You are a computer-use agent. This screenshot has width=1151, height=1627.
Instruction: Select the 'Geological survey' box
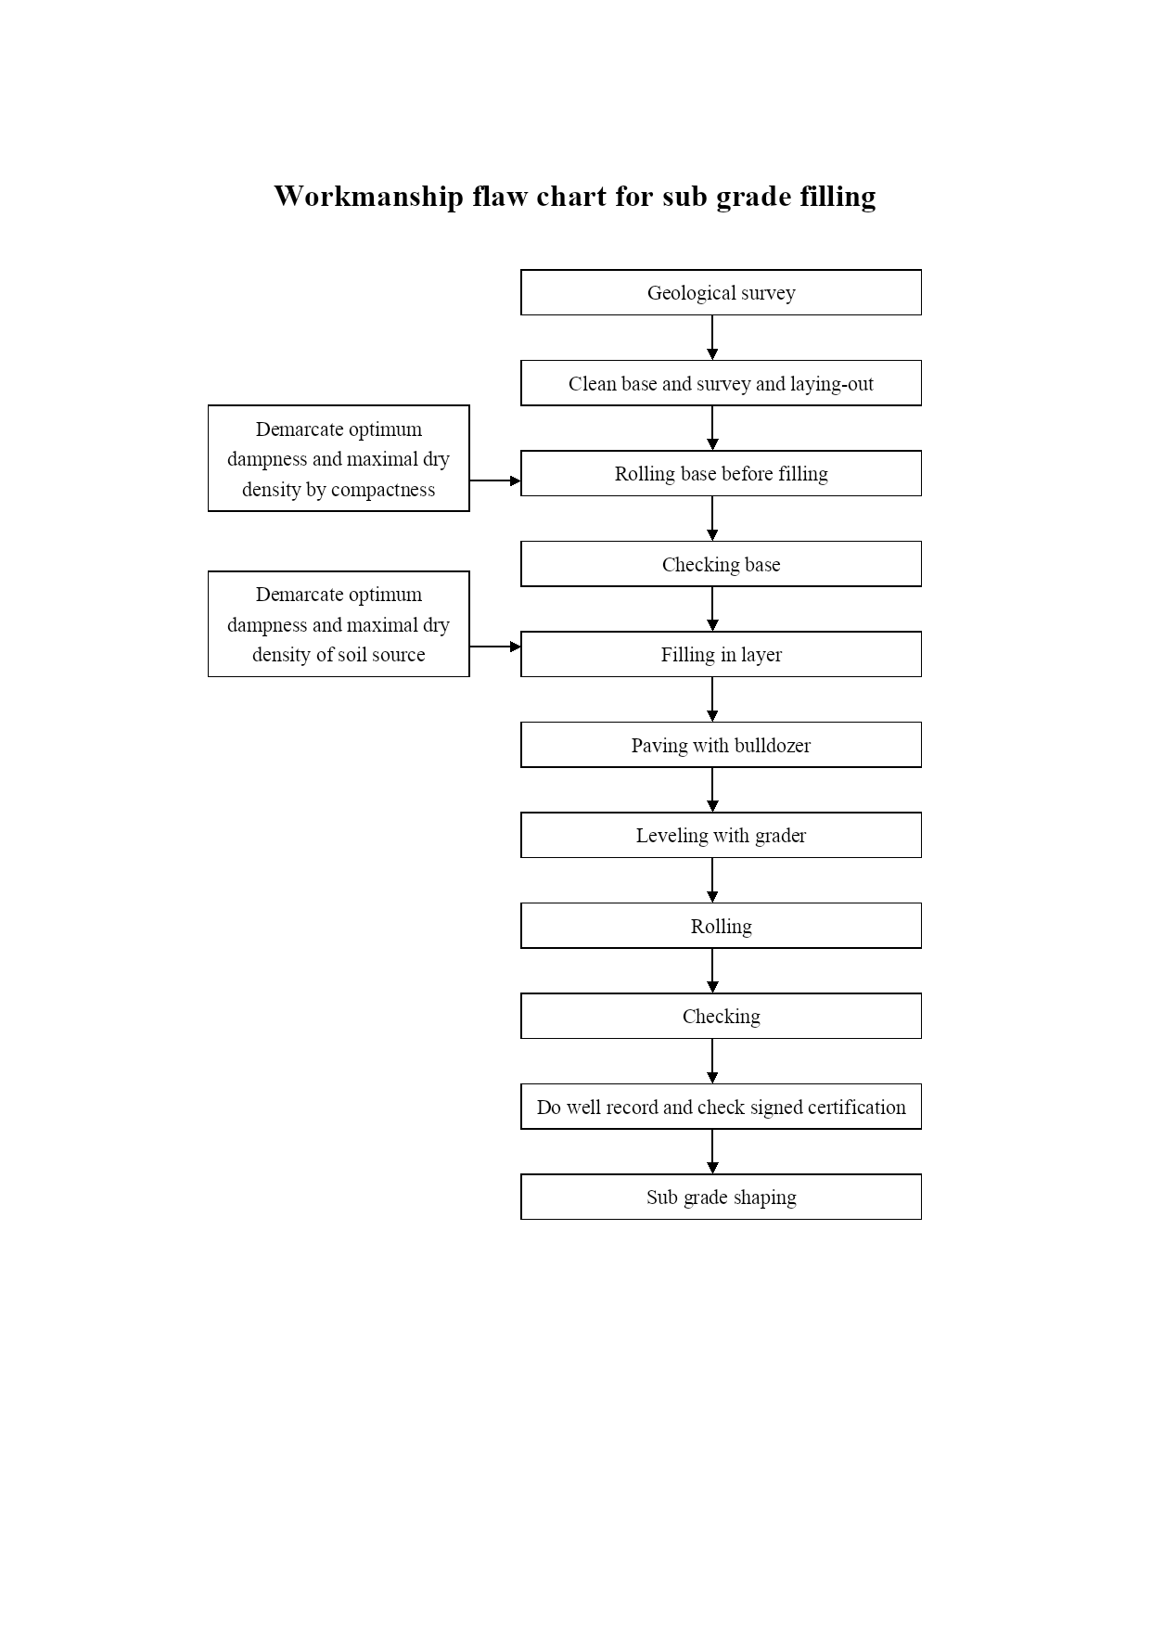pos(721,292)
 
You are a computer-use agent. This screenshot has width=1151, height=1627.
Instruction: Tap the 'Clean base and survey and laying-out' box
pos(721,383)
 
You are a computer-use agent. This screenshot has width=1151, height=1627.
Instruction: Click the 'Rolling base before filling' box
pos(721,473)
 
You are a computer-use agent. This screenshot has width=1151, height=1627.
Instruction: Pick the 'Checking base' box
pos(721,564)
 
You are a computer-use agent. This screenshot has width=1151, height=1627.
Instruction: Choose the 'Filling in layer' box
pos(721,654)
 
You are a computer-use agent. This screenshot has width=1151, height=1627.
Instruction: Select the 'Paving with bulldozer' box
pos(721,745)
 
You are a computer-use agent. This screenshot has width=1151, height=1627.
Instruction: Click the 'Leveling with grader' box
pos(721,835)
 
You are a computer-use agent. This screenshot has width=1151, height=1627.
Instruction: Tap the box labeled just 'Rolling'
pos(721,926)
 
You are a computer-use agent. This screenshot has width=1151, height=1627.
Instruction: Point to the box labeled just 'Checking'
pos(721,1016)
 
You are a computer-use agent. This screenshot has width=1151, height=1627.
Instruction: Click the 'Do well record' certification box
pos(721,1107)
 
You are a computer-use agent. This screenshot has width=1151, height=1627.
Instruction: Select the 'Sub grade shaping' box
pos(721,1197)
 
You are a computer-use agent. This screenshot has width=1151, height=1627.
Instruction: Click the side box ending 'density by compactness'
pos(339,458)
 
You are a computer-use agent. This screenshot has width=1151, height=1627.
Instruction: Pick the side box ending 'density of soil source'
pos(339,624)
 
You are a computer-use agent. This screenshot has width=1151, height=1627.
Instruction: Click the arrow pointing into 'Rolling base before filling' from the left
pos(495,480)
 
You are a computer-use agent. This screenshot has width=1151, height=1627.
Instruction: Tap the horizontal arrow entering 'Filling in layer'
pos(495,647)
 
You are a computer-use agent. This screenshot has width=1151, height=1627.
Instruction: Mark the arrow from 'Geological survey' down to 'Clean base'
pos(712,338)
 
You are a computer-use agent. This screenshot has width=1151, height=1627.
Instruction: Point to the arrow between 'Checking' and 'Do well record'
pos(712,1061)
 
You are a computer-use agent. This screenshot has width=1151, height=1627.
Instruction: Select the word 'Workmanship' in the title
pos(368,197)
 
